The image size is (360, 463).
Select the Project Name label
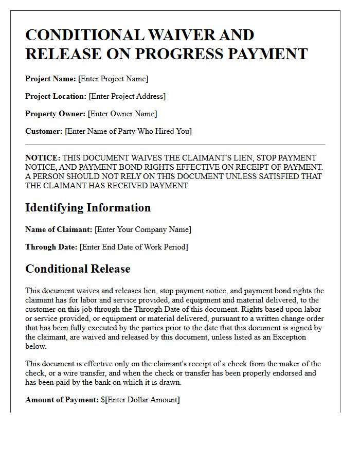(x=50, y=79)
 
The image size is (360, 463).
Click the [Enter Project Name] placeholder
(x=113, y=79)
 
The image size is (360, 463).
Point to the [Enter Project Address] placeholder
(x=127, y=96)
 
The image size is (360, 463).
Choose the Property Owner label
(x=56, y=114)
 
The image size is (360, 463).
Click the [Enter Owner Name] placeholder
(x=122, y=114)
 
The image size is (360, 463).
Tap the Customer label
(x=44, y=131)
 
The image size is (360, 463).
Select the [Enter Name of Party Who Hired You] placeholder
(x=128, y=131)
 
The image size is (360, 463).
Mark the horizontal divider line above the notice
(x=175, y=145)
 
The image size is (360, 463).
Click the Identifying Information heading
(x=88, y=208)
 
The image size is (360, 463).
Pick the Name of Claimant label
(x=59, y=229)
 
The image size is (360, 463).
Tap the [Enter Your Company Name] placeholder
(x=143, y=229)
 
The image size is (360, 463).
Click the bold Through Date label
(x=51, y=247)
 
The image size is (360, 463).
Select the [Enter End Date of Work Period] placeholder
(x=134, y=247)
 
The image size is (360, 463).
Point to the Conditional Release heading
(x=78, y=269)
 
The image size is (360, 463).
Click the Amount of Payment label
(x=62, y=400)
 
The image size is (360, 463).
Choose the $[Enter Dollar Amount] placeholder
(x=140, y=400)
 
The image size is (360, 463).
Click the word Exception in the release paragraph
(x=287, y=337)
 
